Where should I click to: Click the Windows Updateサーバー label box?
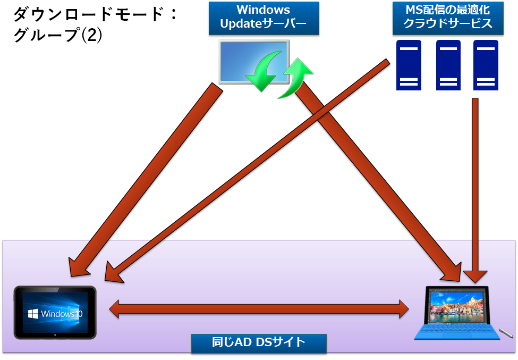(264, 18)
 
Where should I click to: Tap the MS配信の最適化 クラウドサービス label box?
(448, 18)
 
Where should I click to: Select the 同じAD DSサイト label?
(259, 342)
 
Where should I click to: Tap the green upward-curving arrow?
(295, 78)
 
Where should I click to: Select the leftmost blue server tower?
(409, 65)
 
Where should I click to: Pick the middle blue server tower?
(448, 65)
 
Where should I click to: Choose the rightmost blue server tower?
(486, 65)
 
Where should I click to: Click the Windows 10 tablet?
(55, 312)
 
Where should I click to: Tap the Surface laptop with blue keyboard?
(457, 313)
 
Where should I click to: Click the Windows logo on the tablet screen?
(33, 314)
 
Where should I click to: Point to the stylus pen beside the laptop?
(505, 333)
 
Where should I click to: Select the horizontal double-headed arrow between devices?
(259, 309)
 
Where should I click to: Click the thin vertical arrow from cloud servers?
(475, 190)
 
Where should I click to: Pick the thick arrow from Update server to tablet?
(146, 180)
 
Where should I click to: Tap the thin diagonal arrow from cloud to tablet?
(247, 171)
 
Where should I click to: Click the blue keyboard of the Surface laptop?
(458, 332)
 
